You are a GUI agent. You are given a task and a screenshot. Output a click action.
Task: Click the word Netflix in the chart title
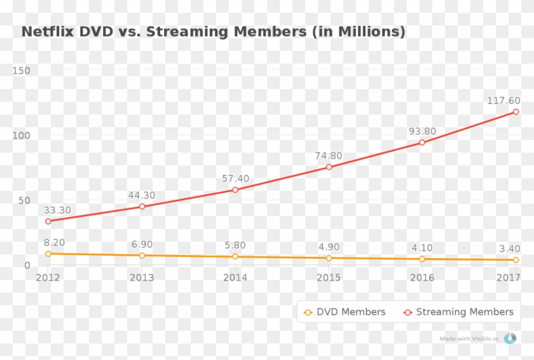[48, 31]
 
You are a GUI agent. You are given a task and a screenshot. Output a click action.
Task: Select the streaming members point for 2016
[422, 142]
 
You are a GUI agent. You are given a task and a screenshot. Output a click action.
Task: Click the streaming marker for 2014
[235, 190]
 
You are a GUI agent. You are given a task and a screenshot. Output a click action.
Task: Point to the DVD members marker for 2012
[48, 254]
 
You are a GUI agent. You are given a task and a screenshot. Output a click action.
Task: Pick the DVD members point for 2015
[329, 258]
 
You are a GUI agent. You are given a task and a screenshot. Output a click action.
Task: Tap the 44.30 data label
[142, 195]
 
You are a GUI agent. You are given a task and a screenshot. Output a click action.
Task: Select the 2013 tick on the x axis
[142, 277]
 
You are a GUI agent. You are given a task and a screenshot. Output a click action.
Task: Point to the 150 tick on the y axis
[22, 70]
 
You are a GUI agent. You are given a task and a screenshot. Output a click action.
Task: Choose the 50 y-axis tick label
[24, 200]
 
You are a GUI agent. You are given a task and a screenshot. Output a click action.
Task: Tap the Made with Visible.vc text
[469, 339]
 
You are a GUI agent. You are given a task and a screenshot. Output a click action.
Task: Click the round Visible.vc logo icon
[510, 338]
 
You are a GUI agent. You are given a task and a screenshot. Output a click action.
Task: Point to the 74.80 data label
[329, 156]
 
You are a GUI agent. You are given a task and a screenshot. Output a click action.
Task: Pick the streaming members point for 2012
[48, 221]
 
